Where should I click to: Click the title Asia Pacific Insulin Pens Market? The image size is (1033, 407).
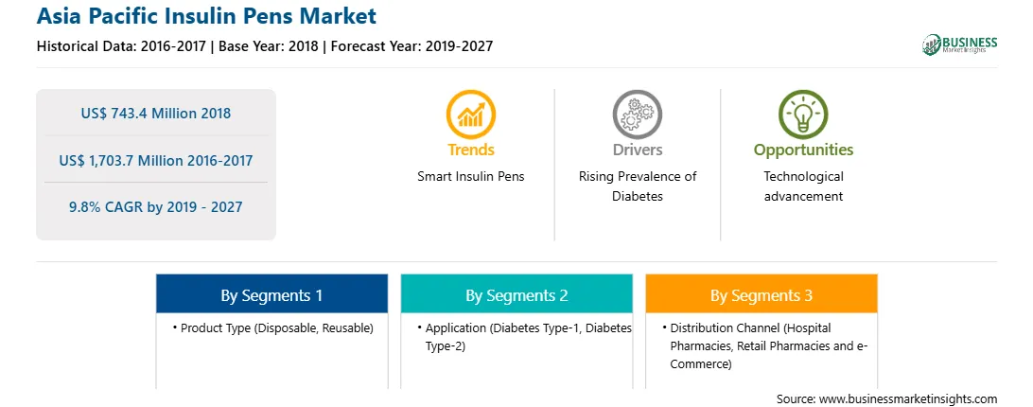(206, 16)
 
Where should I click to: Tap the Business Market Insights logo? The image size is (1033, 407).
(960, 44)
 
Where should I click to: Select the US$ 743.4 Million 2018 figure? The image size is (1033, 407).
(156, 113)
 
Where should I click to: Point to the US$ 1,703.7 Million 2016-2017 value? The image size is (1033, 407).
(156, 160)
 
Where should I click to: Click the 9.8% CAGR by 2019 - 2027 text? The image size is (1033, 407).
(156, 207)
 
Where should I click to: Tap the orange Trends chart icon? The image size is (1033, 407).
(471, 115)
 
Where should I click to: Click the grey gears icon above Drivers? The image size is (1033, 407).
(637, 115)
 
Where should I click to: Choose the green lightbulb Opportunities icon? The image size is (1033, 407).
(803, 115)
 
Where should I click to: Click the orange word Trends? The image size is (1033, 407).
(471, 150)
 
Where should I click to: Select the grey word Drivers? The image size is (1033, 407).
(637, 150)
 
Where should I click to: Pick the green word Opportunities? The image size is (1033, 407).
(803, 150)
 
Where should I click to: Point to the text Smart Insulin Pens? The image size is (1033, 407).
(471, 177)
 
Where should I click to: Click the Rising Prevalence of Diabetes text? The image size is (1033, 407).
(637, 186)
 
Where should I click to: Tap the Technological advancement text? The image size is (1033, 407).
(803, 186)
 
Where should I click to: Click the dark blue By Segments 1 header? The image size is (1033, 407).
(272, 293)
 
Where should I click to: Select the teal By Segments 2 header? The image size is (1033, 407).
(516, 293)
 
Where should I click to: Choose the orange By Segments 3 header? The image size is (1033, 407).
(762, 293)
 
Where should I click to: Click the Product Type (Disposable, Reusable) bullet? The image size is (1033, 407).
(272, 327)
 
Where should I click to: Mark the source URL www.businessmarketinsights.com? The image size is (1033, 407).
(908, 399)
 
